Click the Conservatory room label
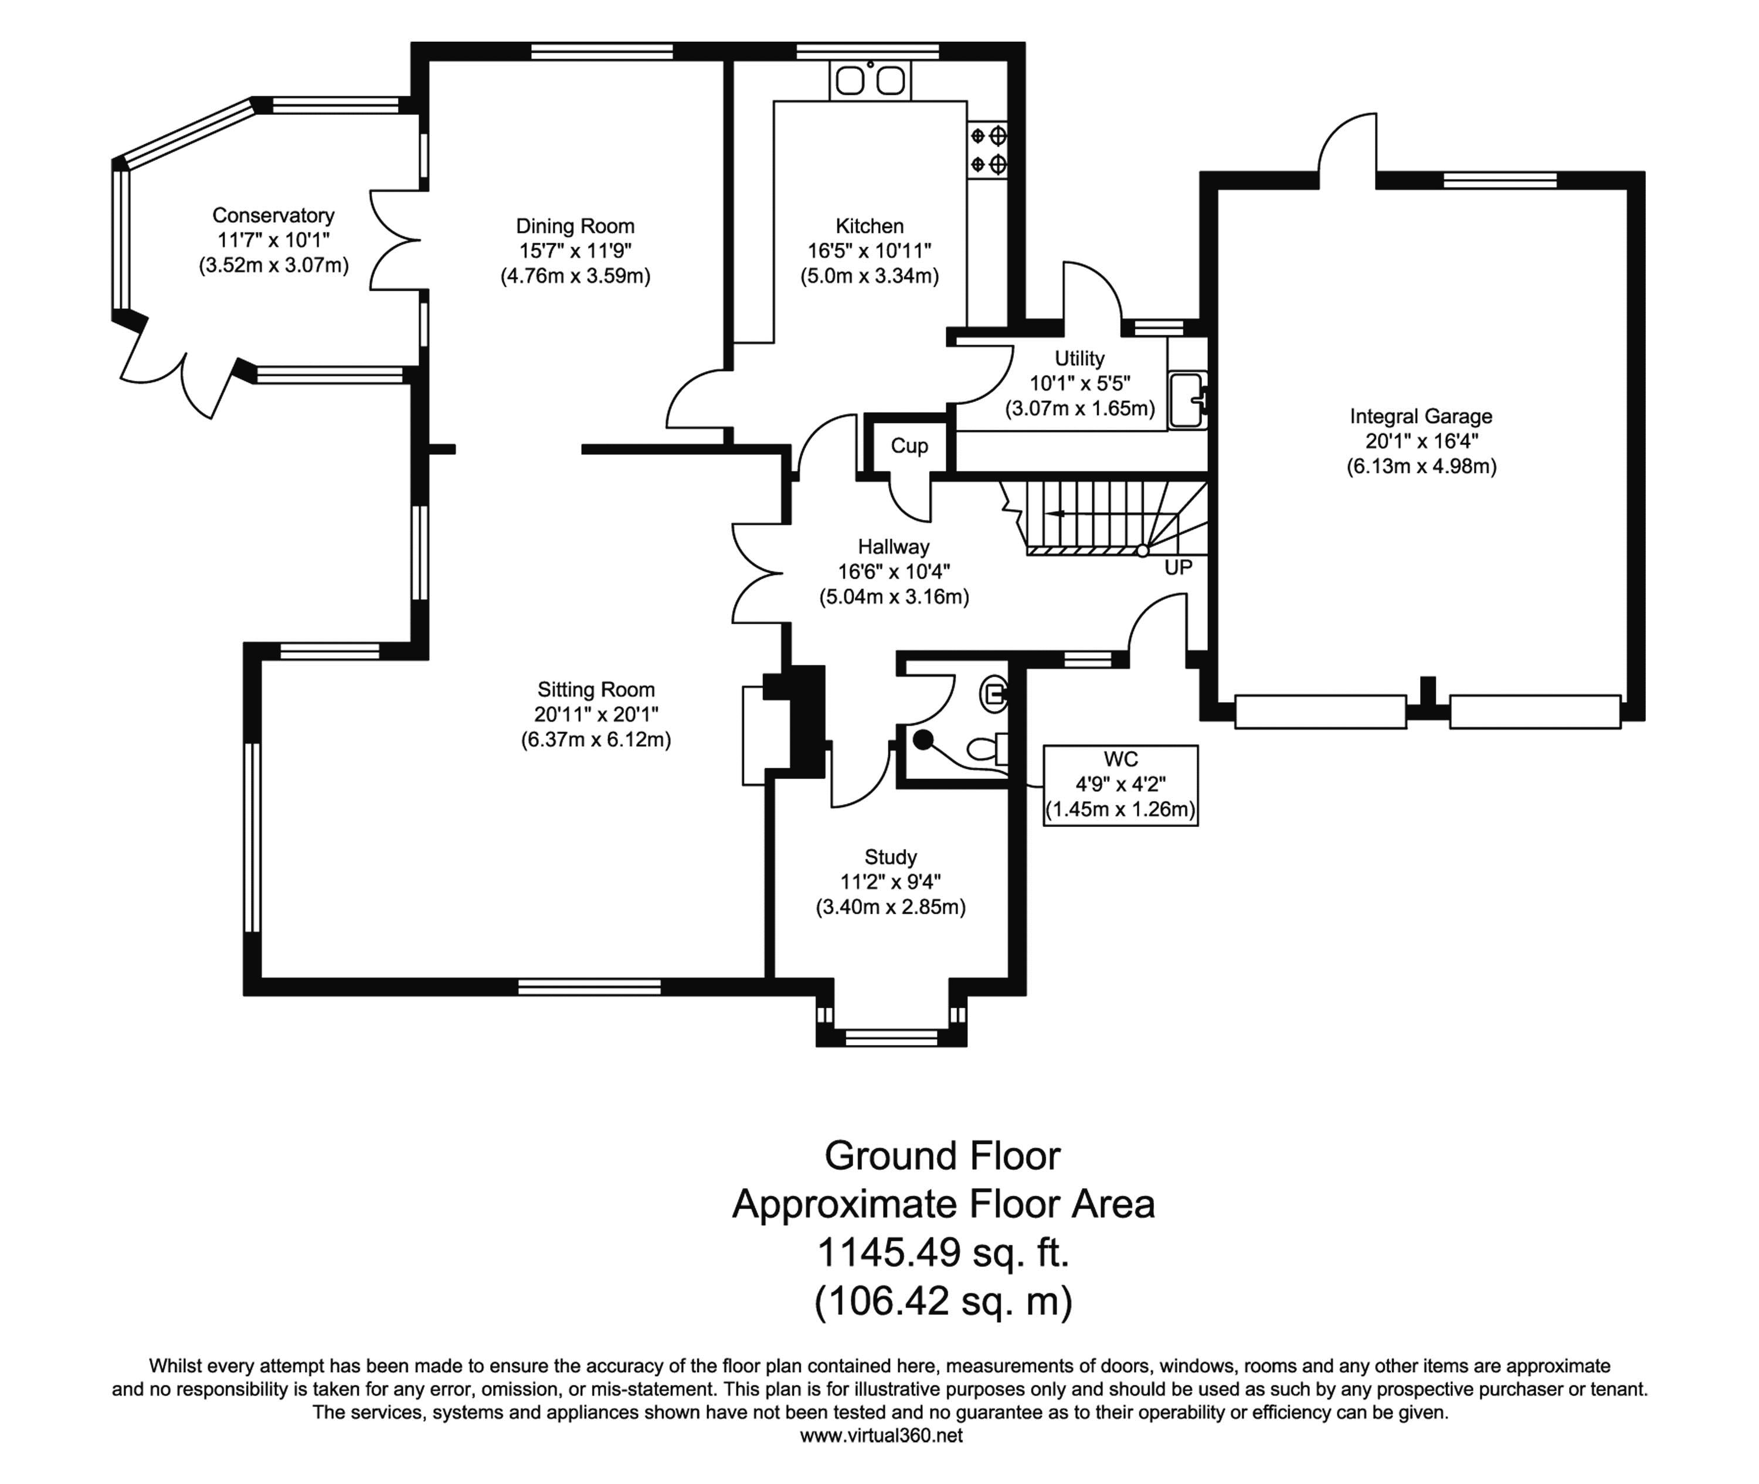coord(274,215)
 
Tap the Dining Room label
coord(575,226)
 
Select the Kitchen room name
coord(870,226)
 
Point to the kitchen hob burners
coord(988,149)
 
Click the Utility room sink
coord(1187,400)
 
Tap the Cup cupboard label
coord(909,446)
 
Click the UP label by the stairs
coord(1179,568)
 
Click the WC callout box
coord(1120,785)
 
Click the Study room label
coord(891,857)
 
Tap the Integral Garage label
coord(1421,417)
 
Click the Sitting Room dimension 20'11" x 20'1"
coord(596,714)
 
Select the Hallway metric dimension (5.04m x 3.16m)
coord(894,597)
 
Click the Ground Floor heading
coord(943,1156)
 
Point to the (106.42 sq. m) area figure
coord(943,1302)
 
